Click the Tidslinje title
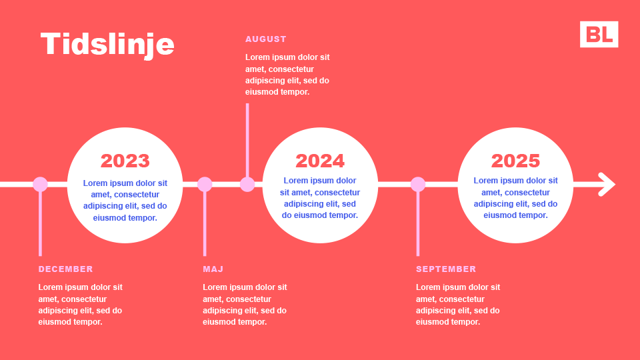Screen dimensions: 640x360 click(x=107, y=45)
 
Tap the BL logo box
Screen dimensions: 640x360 click(x=599, y=34)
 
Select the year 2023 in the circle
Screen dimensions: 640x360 click(x=125, y=161)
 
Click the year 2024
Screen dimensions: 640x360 click(x=320, y=161)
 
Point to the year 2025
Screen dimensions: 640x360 click(x=515, y=161)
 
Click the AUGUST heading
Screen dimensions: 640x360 click(x=266, y=39)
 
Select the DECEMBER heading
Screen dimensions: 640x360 click(x=66, y=269)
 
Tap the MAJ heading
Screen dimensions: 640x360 click(x=213, y=269)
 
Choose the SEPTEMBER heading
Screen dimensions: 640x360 click(x=446, y=269)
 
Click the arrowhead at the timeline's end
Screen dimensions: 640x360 click(x=609, y=185)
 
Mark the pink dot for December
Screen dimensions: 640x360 click(x=40, y=185)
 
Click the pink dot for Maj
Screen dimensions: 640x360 click(x=205, y=185)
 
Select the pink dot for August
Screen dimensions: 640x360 click(x=247, y=185)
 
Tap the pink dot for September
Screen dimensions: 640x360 click(x=418, y=185)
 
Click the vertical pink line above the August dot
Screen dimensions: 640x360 click(x=247, y=141)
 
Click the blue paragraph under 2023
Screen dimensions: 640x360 click(x=125, y=201)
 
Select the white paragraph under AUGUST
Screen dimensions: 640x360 click(x=287, y=75)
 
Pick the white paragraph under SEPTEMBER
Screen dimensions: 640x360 click(x=458, y=305)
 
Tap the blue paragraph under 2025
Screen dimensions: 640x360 click(x=515, y=198)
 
